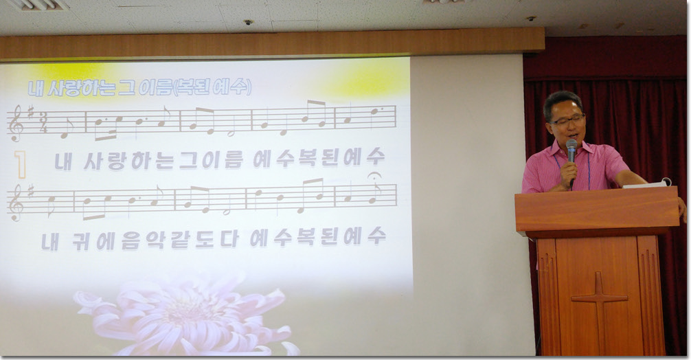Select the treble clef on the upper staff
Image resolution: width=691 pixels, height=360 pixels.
tap(16, 123)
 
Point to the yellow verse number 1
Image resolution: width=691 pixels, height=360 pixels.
tap(20, 164)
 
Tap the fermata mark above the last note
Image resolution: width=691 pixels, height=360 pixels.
tap(374, 175)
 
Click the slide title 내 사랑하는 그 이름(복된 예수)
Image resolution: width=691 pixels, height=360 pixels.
tap(139, 87)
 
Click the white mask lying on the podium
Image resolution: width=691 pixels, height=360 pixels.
tap(648, 183)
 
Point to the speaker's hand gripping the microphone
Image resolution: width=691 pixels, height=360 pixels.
tap(569, 172)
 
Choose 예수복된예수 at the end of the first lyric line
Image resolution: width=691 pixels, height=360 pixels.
tap(319, 157)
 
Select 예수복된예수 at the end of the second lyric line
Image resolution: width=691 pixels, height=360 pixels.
tap(318, 238)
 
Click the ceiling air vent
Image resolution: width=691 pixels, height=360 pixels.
tap(37, 4)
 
